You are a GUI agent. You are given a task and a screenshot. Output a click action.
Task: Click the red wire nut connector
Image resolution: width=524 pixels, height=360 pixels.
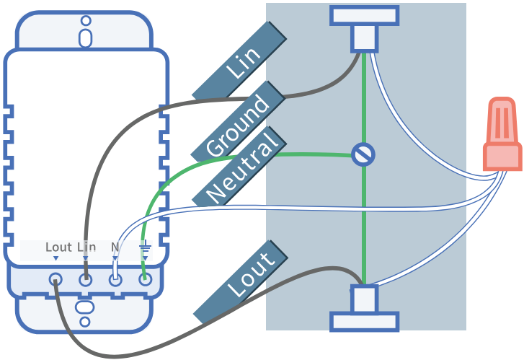tap(502, 134)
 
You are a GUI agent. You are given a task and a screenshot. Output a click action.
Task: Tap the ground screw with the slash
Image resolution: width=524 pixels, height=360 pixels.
tap(363, 154)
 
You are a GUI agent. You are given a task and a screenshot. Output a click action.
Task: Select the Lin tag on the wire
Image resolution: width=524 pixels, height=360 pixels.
tap(239, 60)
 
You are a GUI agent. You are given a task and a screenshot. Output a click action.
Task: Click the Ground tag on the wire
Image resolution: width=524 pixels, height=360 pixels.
tap(238, 121)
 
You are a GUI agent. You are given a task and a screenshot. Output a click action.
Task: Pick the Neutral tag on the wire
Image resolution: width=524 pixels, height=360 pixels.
tap(239, 166)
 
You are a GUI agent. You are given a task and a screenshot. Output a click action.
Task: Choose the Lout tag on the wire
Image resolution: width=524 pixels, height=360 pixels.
tap(241, 281)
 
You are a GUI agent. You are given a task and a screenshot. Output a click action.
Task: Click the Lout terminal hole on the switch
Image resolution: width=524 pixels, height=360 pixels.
tap(55, 279)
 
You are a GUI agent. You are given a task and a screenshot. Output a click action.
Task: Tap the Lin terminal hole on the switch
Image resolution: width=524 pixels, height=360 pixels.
tap(86, 279)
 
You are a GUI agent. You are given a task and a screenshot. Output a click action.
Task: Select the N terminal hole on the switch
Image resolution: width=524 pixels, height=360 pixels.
tap(115, 279)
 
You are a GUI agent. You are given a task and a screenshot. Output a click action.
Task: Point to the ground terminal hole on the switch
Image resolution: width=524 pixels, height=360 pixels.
tap(146, 279)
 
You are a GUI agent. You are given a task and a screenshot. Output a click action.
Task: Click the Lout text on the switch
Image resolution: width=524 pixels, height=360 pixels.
tap(58, 247)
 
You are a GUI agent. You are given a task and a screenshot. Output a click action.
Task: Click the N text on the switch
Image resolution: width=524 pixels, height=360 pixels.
tap(115, 247)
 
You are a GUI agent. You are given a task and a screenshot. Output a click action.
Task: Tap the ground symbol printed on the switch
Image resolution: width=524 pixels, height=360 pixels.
tap(145, 247)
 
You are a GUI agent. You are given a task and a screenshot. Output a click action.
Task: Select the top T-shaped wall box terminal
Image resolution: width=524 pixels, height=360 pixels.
tap(364, 29)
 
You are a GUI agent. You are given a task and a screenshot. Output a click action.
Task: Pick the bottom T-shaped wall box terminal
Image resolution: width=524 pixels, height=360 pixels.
tap(364, 308)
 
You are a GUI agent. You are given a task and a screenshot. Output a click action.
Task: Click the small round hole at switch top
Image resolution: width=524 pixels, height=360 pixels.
tap(86, 21)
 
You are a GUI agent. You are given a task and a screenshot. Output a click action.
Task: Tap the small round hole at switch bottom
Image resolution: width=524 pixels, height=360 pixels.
tap(85, 322)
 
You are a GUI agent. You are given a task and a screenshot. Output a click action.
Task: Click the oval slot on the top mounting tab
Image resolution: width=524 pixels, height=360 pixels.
tap(86, 38)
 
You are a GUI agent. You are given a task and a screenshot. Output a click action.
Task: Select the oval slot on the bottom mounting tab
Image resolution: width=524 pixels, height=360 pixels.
tap(85, 307)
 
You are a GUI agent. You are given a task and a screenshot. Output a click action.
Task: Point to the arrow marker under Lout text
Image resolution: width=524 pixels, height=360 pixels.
tap(55, 258)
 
